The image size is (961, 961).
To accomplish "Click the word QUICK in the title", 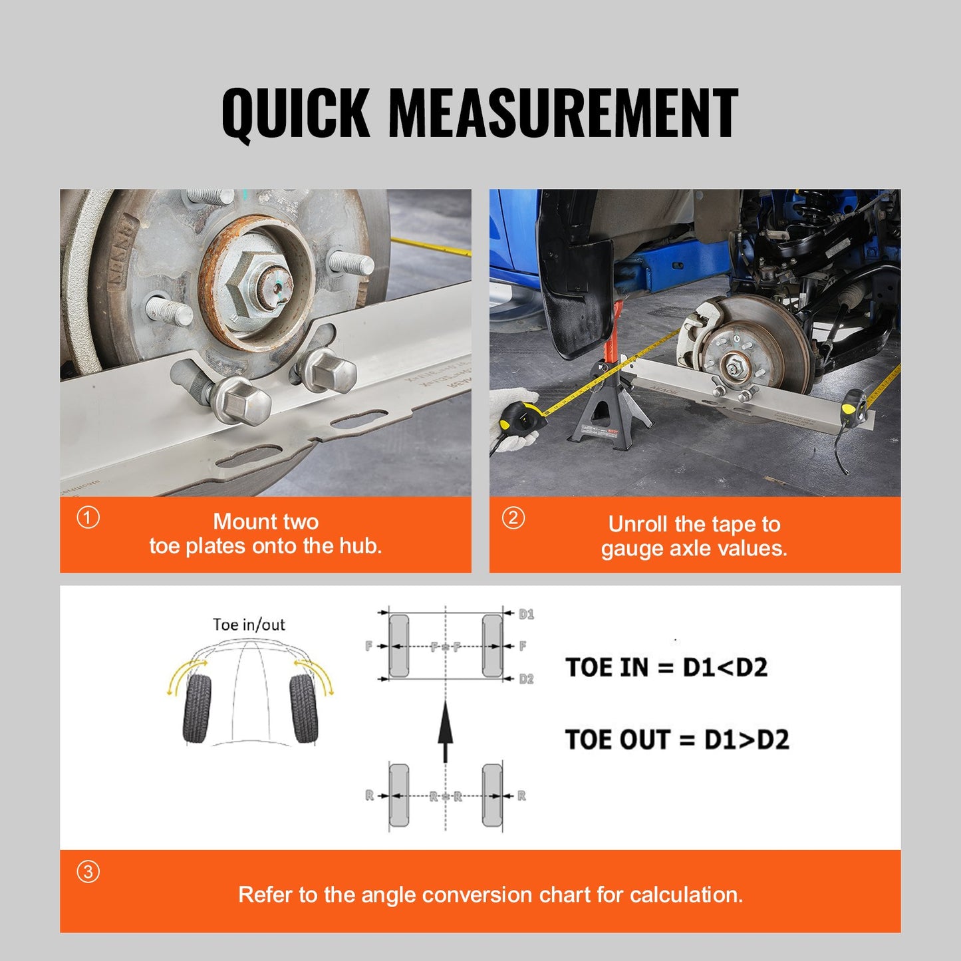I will [295, 113].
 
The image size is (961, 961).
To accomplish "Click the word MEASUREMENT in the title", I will [563, 113].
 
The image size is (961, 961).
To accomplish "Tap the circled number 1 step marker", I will [88, 517].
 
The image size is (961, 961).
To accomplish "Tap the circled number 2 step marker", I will [513, 517].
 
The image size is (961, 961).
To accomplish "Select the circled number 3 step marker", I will [88, 871].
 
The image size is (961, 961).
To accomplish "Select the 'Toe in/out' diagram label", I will [249, 624].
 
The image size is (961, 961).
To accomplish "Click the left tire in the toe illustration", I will [197, 708].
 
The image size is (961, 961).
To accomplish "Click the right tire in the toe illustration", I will [304, 708].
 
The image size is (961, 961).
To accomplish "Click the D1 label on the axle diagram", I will [526, 614].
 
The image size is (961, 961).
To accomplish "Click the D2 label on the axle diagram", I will [526, 679].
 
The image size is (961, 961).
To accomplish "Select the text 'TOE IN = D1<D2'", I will [666, 667].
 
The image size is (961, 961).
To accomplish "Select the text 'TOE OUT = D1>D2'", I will [677, 740].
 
